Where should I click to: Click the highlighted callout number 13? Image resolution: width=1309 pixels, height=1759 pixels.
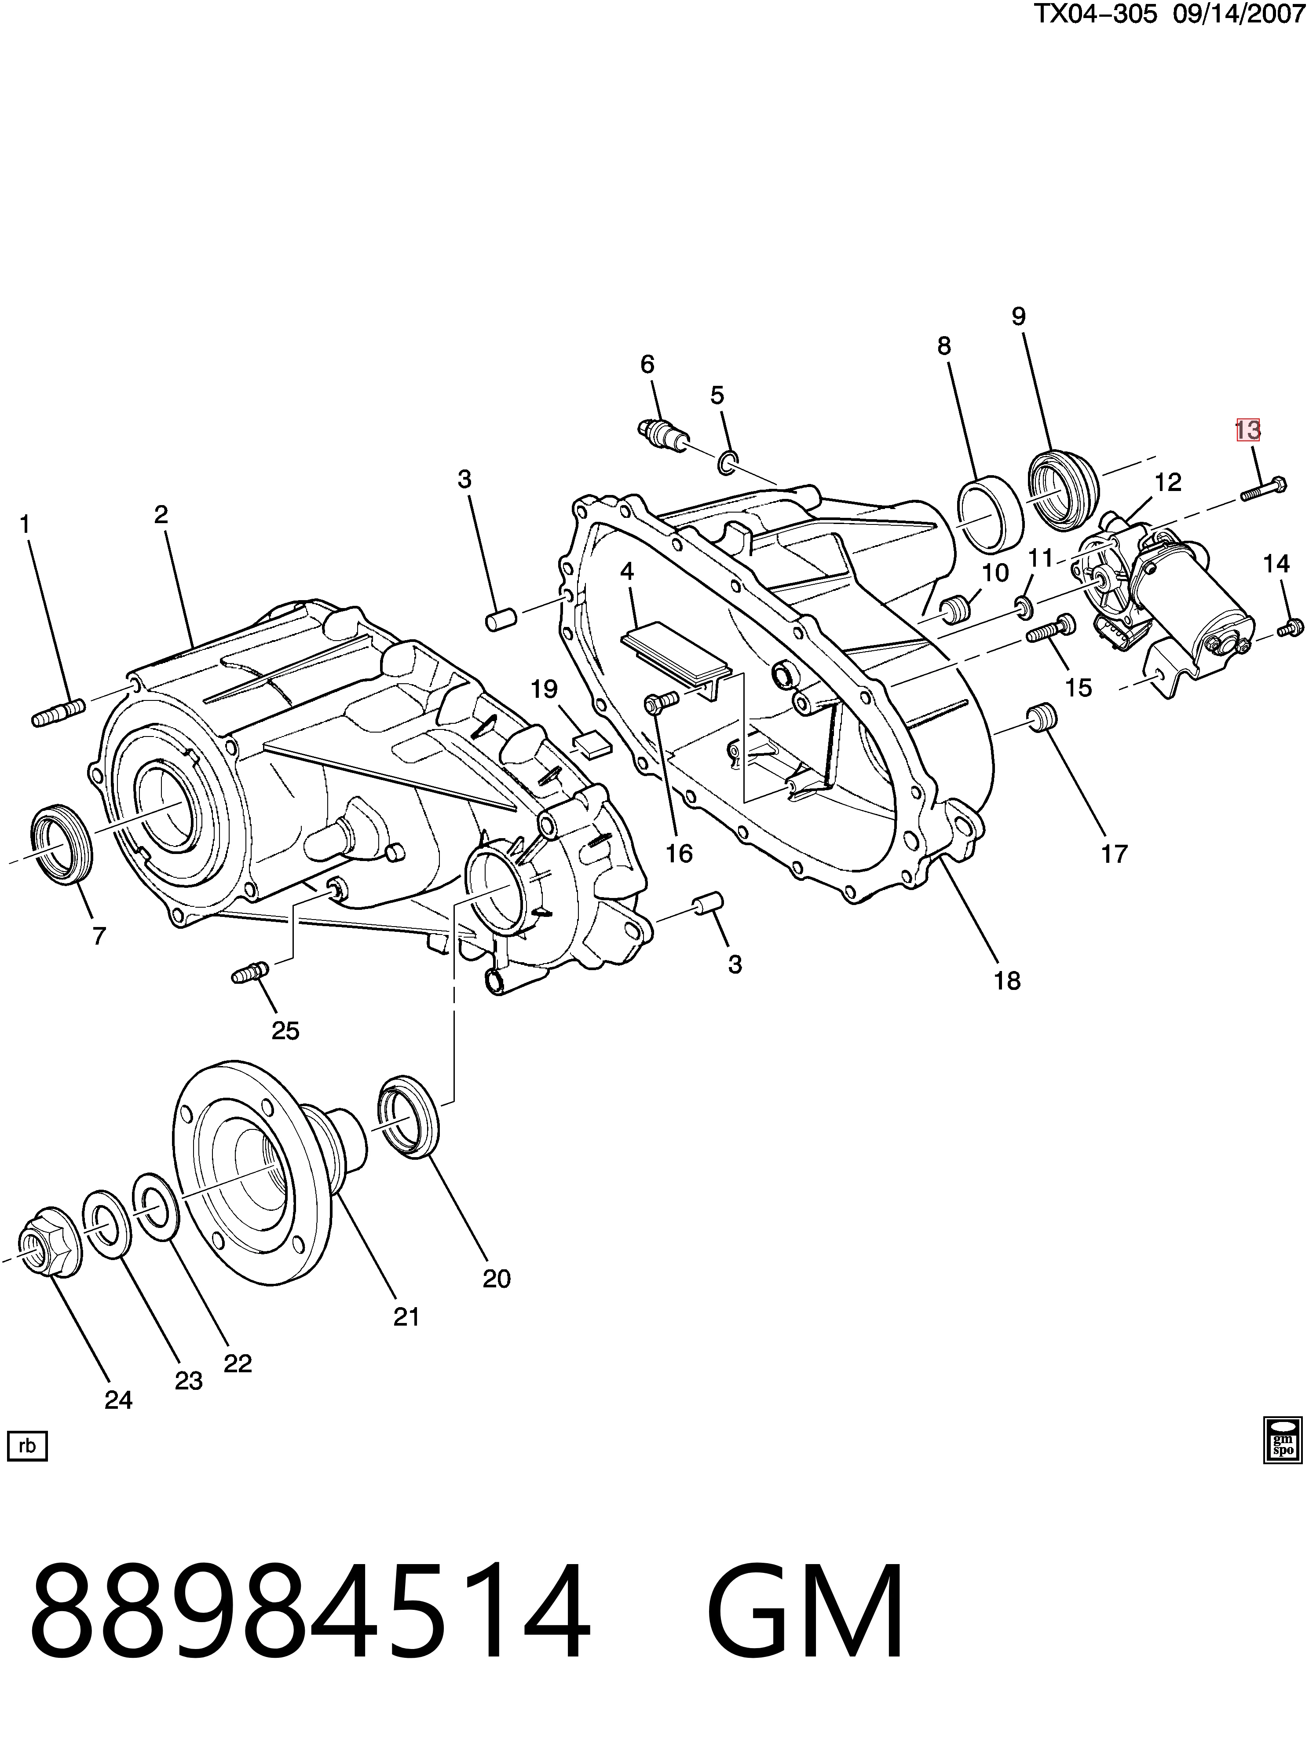coord(1247,430)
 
